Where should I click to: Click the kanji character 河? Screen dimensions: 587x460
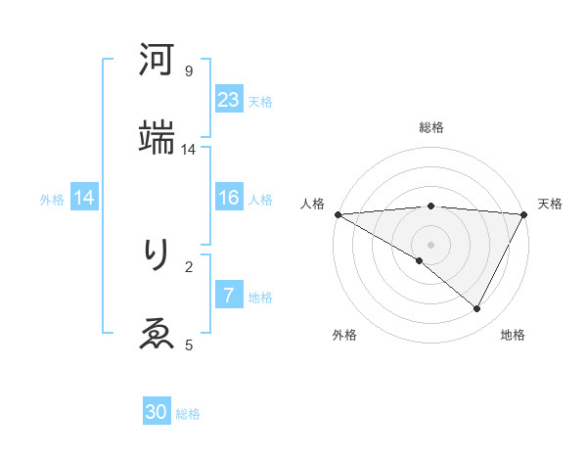pos(157,61)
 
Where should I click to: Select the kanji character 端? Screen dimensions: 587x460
pos(157,138)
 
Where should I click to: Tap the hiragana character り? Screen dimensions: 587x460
pos(157,255)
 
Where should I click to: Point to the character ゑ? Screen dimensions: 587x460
pos(157,334)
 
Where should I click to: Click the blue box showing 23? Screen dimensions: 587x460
pos(229,100)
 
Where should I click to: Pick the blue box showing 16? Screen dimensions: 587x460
pos(229,198)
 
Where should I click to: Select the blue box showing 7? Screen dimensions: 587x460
pos(229,296)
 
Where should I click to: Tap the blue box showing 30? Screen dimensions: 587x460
pos(157,412)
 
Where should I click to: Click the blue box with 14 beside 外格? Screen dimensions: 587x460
pos(84,198)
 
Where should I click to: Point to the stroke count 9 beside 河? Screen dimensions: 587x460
pos(188,71)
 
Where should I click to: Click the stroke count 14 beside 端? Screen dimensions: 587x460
pos(188,150)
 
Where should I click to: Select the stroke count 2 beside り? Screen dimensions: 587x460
pos(188,266)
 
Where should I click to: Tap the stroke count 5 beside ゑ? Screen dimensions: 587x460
pos(188,345)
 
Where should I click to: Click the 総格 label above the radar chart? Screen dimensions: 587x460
pos(431,127)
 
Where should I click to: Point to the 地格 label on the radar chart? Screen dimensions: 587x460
pos(513,336)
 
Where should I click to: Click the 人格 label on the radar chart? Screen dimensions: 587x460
pos(312,204)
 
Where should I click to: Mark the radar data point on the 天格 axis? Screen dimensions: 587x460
pos(525,214)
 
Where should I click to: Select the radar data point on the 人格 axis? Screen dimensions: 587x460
pos(338,214)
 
